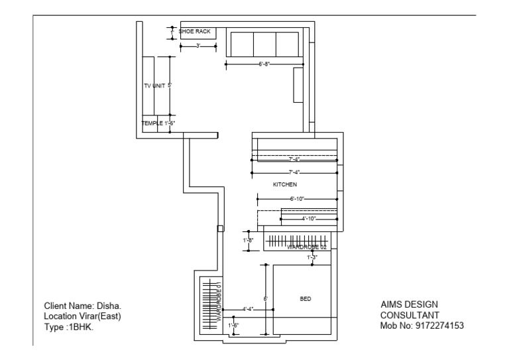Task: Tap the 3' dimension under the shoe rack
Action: point(198,46)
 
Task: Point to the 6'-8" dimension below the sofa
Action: point(264,64)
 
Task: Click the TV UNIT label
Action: point(154,86)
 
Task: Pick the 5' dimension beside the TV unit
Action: point(170,86)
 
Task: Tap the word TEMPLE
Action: point(151,123)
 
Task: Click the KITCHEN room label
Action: point(285,184)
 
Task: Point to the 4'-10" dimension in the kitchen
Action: point(308,218)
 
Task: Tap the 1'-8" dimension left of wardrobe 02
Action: point(249,240)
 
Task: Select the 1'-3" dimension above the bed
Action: point(312,257)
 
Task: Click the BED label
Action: point(306,299)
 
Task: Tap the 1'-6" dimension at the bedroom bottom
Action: point(233,326)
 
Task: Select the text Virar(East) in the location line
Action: point(99,316)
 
